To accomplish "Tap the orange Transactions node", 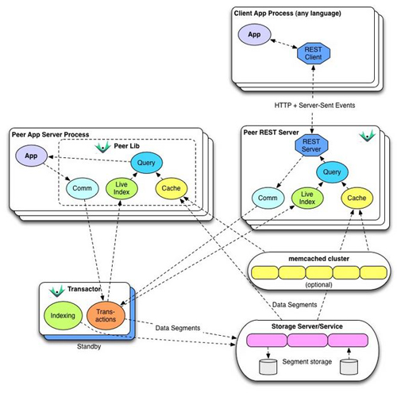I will pyautogui.click(x=105, y=315).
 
